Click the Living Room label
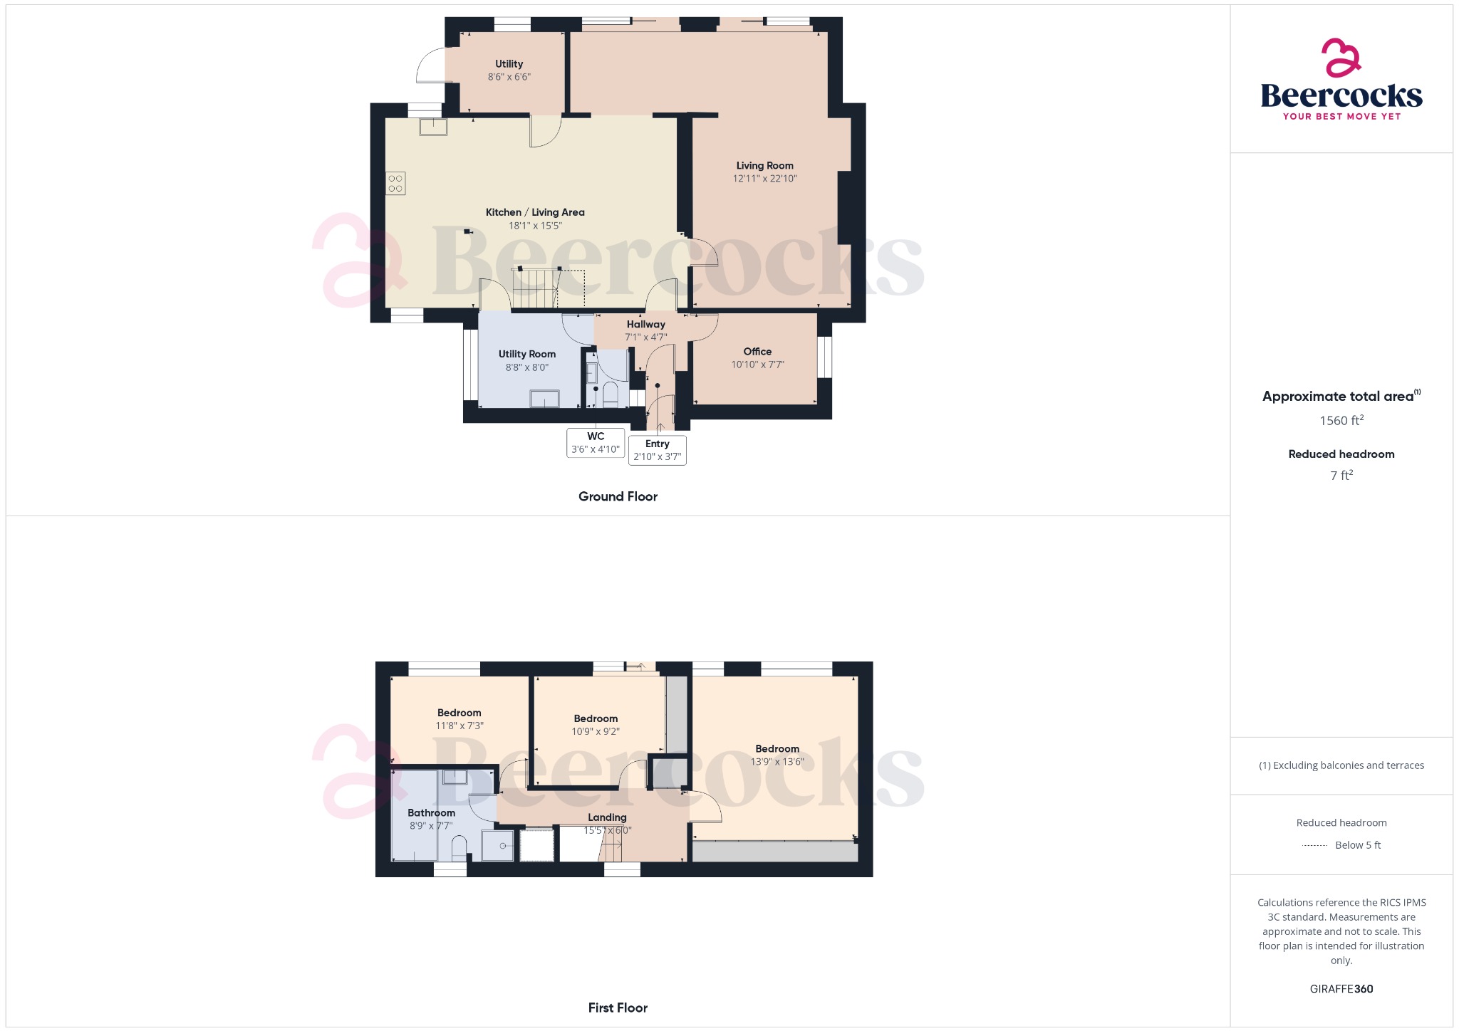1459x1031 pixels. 764,165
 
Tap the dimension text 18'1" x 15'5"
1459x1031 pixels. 535,226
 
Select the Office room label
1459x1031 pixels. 757,351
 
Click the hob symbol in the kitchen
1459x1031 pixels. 395,183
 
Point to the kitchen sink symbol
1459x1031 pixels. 433,127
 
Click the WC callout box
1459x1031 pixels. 596,443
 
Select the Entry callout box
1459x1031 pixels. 658,450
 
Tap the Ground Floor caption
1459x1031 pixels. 618,496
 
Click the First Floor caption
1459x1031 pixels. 618,1008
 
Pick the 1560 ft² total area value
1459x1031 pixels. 1341,420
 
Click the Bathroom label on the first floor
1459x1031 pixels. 431,812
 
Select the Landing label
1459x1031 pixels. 607,817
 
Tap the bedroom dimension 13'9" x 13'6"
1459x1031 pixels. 777,761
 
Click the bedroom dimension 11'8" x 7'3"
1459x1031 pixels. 459,726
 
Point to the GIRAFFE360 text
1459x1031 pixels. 1341,988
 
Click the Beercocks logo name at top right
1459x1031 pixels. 1341,95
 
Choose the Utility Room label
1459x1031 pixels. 527,354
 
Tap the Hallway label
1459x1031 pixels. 646,324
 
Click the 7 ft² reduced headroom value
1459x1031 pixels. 1341,475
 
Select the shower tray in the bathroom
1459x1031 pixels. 497,845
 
